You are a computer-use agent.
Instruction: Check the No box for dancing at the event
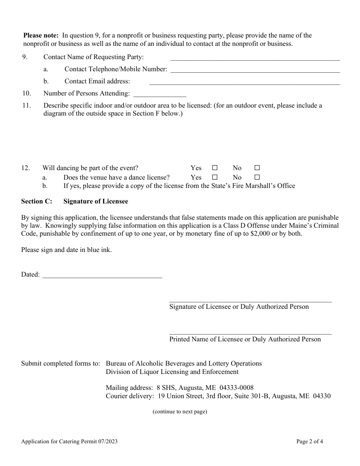[x=257, y=168]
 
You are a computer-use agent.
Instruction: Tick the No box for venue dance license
[x=257, y=177]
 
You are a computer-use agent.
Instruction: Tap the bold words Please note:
[x=41, y=36]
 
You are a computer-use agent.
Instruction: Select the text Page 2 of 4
[x=310, y=441]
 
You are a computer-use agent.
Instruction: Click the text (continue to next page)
[x=180, y=412]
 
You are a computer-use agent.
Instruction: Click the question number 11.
[x=26, y=106]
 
